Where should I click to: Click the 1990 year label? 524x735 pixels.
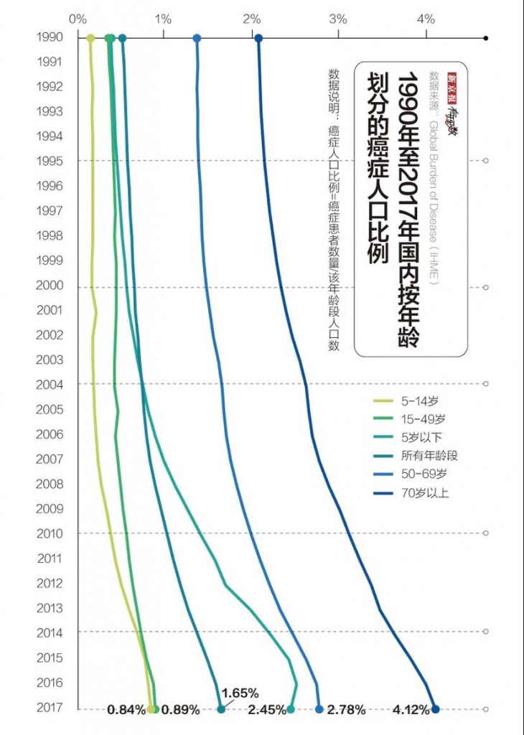[50, 37]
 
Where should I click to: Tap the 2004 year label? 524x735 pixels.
[50, 385]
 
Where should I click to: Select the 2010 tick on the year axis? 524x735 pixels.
[50, 534]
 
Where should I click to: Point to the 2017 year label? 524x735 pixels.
[50, 708]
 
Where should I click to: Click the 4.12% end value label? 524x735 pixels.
[411, 711]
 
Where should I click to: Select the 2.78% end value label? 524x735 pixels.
[346, 711]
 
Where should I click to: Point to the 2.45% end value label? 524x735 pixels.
[266, 711]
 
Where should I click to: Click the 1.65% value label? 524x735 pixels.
[240, 693]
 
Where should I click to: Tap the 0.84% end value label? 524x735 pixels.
[126, 711]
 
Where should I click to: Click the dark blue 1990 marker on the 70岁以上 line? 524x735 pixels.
[259, 38]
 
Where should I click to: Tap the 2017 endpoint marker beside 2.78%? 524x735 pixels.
[319, 709]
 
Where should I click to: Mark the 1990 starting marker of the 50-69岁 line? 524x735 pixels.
[197, 38]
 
